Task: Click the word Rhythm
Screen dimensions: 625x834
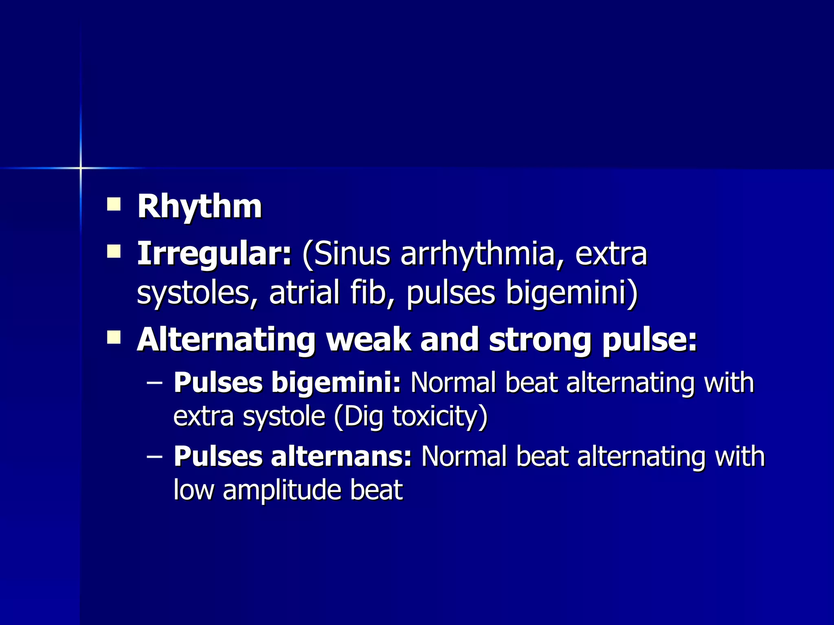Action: pos(199,207)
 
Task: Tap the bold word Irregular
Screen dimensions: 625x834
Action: pos(214,254)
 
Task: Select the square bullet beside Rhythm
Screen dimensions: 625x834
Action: pos(114,204)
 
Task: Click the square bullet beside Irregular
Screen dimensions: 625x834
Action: pos(114,251)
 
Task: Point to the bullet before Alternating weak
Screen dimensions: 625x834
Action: pos(114,337)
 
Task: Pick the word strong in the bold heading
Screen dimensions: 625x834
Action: pos(540,339)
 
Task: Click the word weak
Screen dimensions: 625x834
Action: pos(368,339)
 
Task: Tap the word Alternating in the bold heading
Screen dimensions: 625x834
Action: pos(226,339)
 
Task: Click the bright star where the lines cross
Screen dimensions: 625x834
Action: pos(81,168)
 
